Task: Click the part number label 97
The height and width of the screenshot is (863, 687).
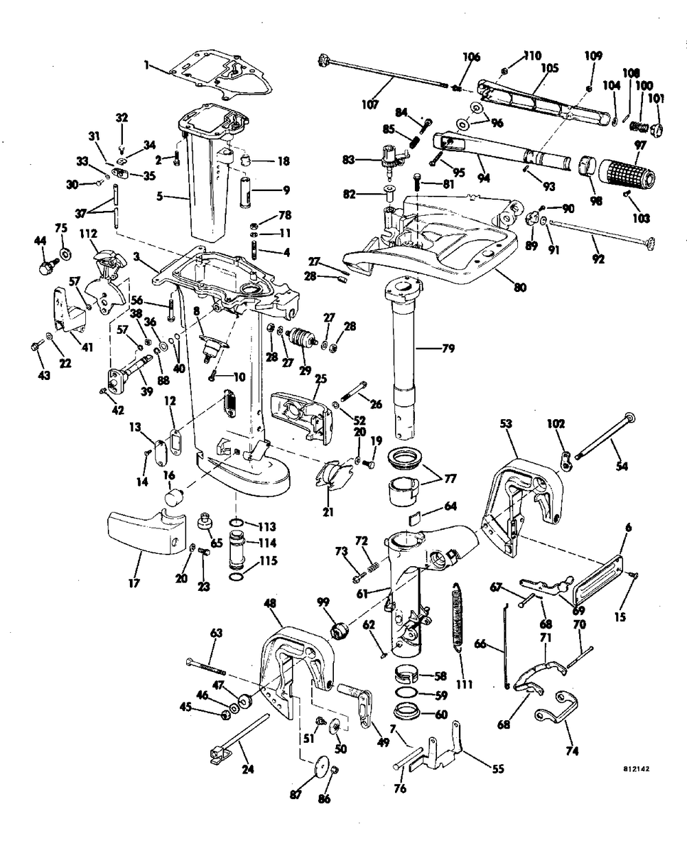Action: [x=640, y=145]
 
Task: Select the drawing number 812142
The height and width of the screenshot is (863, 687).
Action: [x=636, y=769]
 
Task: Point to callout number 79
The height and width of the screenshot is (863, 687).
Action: [x=449, y=348]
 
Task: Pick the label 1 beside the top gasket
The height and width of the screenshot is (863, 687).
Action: [x=146, y=65]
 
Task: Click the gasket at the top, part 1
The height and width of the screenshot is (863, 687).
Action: [x=221, y=76]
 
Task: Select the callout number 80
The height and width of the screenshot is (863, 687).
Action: [x=520, y=287]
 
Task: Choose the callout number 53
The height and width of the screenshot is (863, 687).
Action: [x=506, y=423]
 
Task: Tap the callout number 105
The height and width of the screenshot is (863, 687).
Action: [x=550, y=68]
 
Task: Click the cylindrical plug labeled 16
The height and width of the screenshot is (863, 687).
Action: [x=174, y=497]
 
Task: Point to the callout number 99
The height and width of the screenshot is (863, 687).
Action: [x=323, y=602]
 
